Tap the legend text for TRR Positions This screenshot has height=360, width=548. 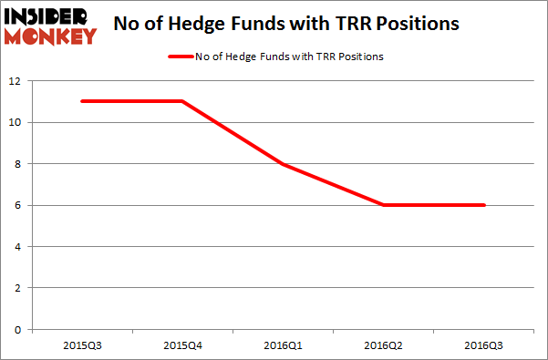(289, 57)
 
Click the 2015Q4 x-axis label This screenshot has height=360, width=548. (182, 345)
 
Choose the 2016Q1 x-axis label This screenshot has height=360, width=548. (284, 345)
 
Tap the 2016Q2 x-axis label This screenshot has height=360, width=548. (384, 345)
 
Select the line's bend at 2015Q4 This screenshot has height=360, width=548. (182, 101)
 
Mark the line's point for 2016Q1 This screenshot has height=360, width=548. (284, 164)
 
